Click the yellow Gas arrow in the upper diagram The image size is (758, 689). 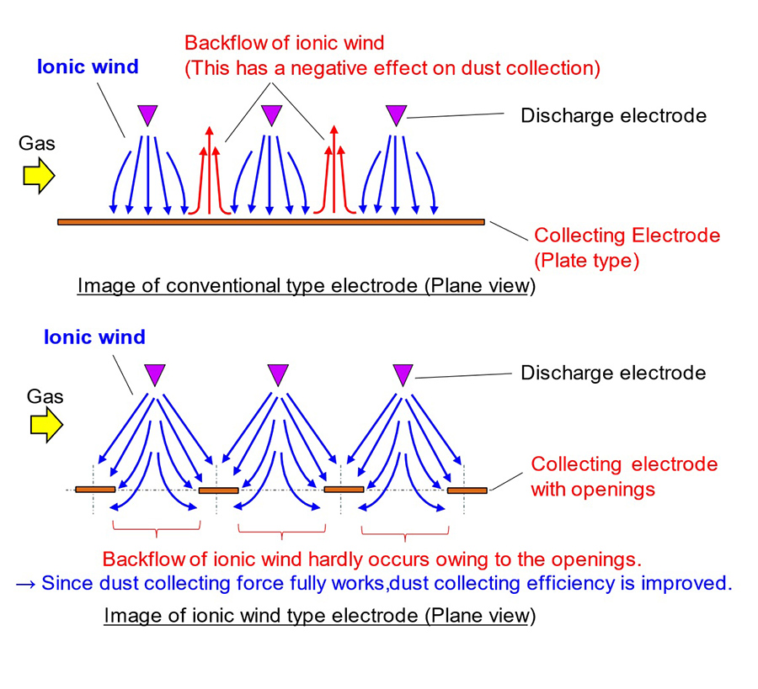38,175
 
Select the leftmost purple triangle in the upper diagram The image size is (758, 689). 147,115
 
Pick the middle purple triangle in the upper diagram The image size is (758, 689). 270,115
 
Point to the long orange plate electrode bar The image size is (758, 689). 270,221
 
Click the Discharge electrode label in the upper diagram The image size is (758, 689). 613,115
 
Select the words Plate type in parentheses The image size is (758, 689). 587,260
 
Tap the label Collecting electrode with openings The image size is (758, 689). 623,476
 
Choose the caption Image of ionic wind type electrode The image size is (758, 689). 319,616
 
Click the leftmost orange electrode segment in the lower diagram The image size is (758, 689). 95,489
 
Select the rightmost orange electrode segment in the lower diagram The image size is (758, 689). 467,490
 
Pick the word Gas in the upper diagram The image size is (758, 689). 36,143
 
